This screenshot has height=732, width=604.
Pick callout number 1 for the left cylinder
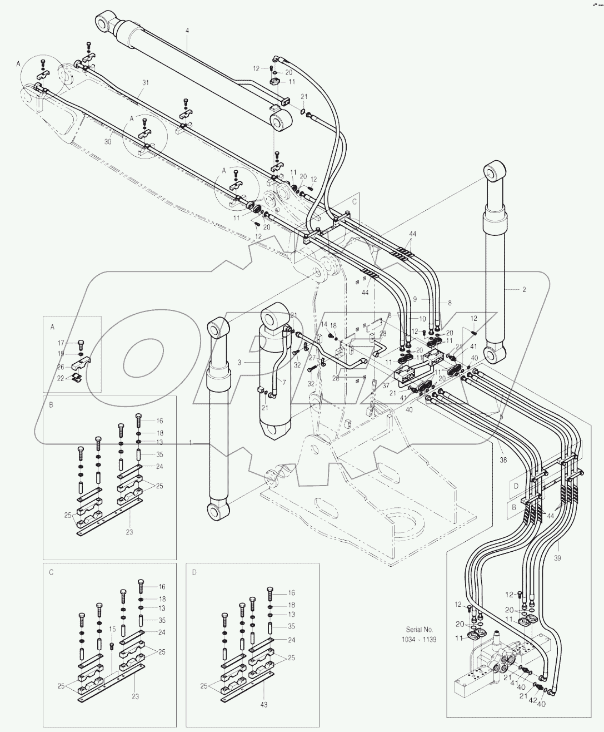click(x=191, y=443)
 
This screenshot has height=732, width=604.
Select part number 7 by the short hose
click(x=283, y=382)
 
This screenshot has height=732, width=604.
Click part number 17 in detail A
click(x=62, y=343)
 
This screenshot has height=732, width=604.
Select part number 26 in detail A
click(x=62, y=366)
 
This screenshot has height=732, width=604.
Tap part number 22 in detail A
click(x=62, y=378)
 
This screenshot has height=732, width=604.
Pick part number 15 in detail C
click(x=112, y=629)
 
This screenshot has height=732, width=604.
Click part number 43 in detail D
click(x=264, y=704)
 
